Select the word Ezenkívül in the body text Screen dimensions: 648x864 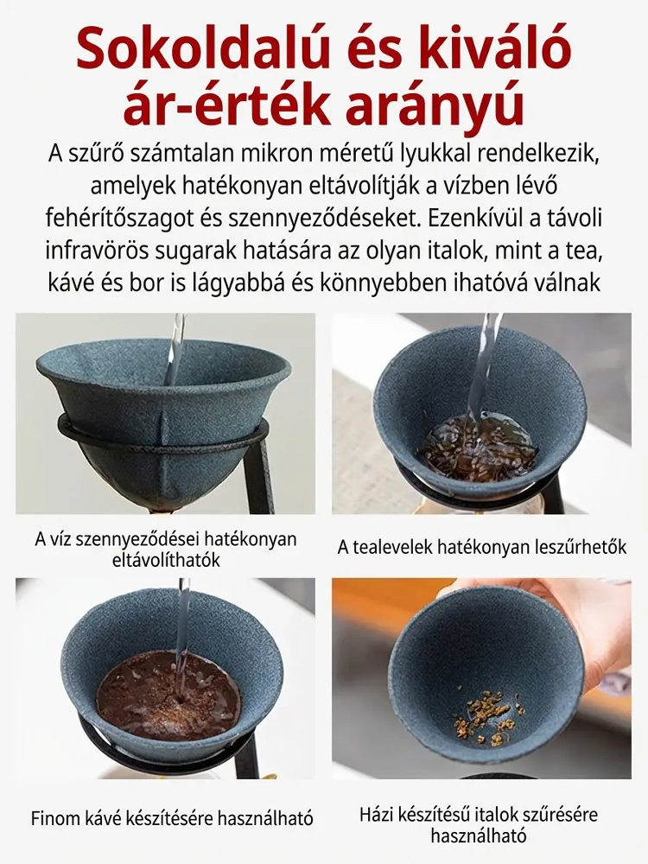pyautogui.click(x=475, y=219)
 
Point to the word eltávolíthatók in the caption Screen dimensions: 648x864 pyautogui.click(x=166, y=560)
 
